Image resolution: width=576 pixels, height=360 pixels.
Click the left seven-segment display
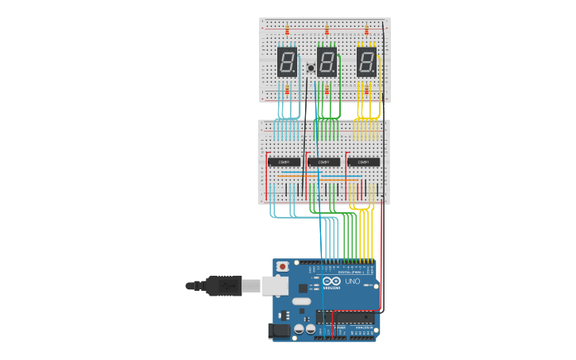click(287, 61)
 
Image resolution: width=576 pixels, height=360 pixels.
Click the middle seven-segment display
click(327, 61)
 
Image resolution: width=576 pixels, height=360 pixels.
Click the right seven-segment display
click(366, 61)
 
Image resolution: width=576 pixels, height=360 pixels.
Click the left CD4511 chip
click(284, 161)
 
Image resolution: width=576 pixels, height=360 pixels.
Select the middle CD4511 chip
click(323, 161)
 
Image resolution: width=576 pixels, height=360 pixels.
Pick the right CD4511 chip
click(363, 161)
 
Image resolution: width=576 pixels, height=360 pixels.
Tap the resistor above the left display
click(287, 30)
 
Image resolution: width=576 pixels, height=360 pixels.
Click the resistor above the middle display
click(327, 30)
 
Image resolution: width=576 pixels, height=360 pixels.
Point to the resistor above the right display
click(366, 30)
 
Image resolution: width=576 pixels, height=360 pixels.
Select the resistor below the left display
click(287, 91)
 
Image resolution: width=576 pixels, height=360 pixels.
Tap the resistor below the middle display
click(327, 91)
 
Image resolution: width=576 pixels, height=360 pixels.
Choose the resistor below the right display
click(366, 91)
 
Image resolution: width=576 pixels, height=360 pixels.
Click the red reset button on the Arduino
click(282, 266)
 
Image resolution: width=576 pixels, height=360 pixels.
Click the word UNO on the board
click(353, 281)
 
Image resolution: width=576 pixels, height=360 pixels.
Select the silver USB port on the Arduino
click(275, 285)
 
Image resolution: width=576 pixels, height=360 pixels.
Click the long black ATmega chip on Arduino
click(346, 317)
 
